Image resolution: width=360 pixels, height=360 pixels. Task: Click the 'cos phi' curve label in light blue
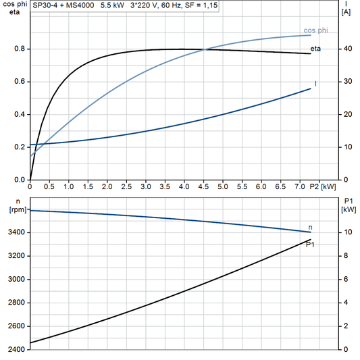click(317, 30)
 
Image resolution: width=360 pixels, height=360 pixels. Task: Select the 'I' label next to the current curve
click(315, 83)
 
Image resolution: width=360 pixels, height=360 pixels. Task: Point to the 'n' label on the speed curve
click(310, 227)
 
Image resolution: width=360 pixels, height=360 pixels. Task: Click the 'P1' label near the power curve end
click(310, 244)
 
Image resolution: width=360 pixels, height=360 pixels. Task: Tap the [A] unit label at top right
click(346, 12)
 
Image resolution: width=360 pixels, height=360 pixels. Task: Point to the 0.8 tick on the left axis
click(18, 49)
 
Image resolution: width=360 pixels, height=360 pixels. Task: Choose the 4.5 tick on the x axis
click(203, 186)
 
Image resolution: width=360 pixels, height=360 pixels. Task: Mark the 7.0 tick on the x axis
click(299, 186)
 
